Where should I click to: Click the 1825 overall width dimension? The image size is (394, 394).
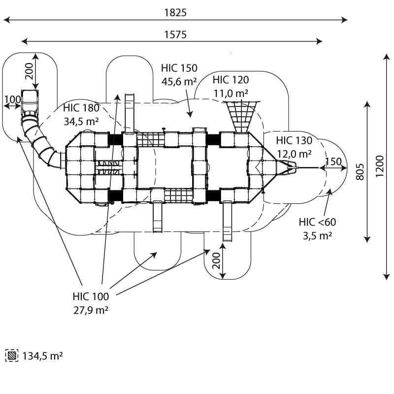175,13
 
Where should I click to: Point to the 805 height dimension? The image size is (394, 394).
360,171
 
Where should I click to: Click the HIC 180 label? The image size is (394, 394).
81,108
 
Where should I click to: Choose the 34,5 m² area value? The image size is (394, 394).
81,120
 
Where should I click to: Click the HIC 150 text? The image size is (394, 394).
179,68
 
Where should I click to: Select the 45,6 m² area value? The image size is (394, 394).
179,81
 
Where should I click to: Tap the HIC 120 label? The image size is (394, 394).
230,80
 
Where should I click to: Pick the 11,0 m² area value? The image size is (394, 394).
230,93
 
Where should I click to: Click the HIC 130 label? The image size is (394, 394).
294,141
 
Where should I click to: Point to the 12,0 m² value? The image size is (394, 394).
294,154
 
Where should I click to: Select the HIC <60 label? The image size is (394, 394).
317,223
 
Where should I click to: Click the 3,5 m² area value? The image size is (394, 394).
317,235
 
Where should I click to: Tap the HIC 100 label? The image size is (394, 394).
91,296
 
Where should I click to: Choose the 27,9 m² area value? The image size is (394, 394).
91,310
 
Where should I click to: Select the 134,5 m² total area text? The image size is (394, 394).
43,356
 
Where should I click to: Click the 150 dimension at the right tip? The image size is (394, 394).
333,162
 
